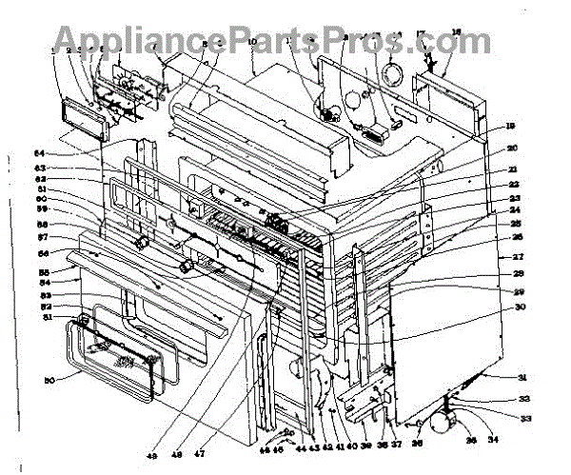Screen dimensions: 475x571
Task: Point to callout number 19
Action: [510, 127]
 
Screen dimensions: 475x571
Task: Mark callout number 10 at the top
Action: [252, 43]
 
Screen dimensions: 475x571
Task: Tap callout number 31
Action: [522, 378]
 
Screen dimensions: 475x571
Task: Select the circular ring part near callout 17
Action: [392, 73]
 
